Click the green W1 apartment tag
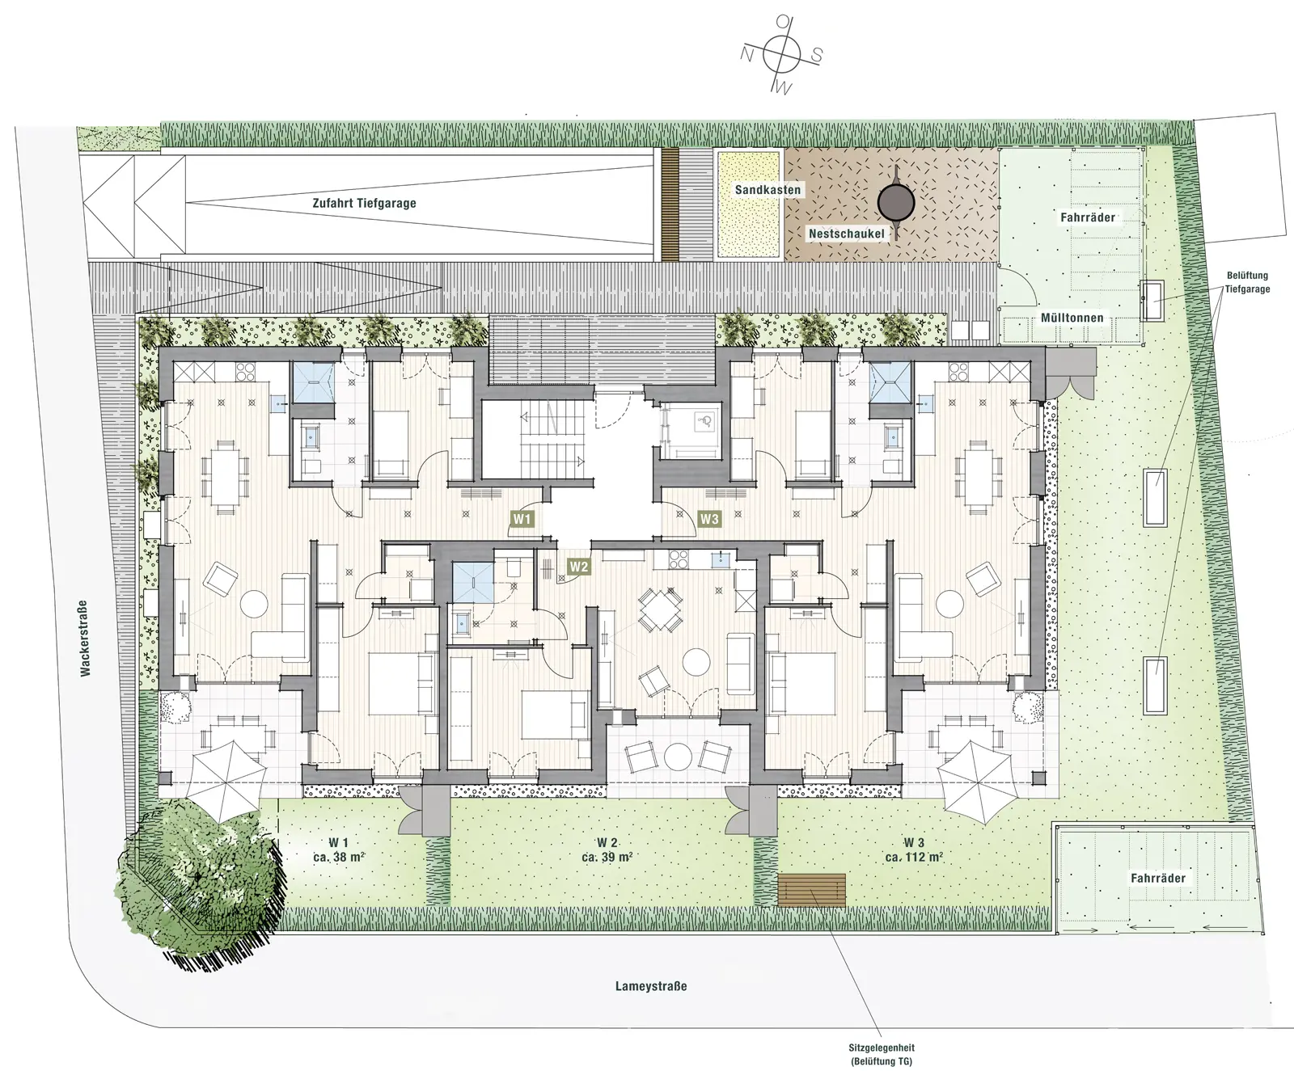pyautogui.click(x=522, y=518)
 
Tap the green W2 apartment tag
pyautogui.click(x=579, y=566)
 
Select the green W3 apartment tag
pyautogui.click(x=709, y=518)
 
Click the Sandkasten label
pyautogui.click(x=768, y=190)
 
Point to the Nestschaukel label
pyautogui.click(x=847, y=234)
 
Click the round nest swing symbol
pyautogui.click(x=896, y=198)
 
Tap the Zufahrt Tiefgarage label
pyautogui.click(x=364, y=203)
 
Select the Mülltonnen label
pyautogui.click(x=1072, y=318)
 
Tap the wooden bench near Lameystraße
pyautogui.click(x=811, y=890)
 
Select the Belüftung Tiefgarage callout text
pyautogui.click(x=1247, y=282)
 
